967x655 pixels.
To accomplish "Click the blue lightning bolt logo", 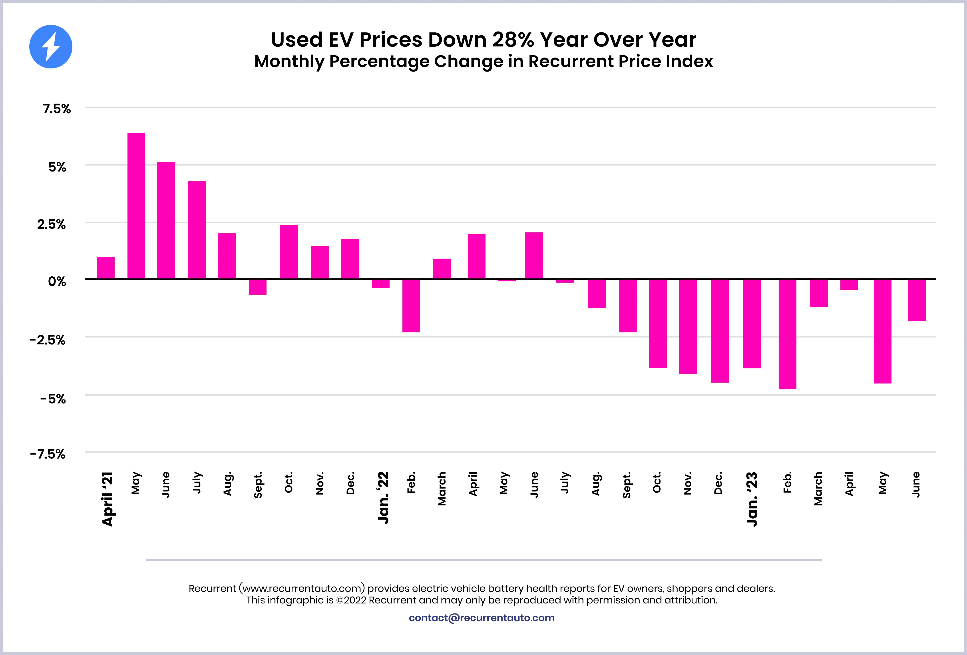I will [x=51, y=47].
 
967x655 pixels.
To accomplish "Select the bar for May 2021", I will [x=136, y=206].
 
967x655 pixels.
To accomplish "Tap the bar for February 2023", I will [x=787, y=334].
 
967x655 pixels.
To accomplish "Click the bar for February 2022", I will [x=411, y=306].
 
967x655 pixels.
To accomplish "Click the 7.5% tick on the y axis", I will [x=57, y=109].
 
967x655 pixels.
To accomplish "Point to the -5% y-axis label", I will [x=53, y=399].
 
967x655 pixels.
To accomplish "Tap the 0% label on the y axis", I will [x=57, y=282].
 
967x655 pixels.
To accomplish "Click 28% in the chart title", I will [x=514, y=40].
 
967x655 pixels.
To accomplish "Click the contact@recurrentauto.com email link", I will [x=482, y=618].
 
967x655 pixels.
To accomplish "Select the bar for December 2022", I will [x=720, y=331].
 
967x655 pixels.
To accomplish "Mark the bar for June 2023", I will [x=917, y=300].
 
